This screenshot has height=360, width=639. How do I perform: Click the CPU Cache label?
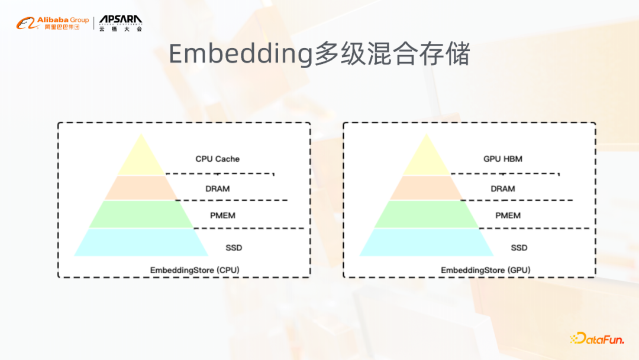[217, 159]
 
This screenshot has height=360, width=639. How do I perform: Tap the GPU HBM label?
[502, 159]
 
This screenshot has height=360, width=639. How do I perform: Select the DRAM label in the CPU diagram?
[217, 189]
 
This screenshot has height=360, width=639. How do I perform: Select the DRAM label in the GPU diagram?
[502, 189]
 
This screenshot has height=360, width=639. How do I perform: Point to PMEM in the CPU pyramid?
[222, 216]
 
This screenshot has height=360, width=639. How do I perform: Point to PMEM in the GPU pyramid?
[508, 216]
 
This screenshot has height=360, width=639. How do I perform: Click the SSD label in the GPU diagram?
[519, 247]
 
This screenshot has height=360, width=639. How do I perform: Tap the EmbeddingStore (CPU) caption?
[195, 270]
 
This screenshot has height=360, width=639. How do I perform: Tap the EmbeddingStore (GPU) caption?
[485, 270]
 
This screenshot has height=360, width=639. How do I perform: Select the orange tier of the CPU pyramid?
[141, 188]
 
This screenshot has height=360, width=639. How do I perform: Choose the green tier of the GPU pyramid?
[426, 214]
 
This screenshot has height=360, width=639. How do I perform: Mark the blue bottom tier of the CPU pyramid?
[141, 242]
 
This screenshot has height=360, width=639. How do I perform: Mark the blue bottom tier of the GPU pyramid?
[426, 242]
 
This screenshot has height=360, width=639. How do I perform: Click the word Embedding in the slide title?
[240, 54]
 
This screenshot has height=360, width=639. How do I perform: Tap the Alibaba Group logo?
[53, 24]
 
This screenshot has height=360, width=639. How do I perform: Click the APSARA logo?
[121, 23]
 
